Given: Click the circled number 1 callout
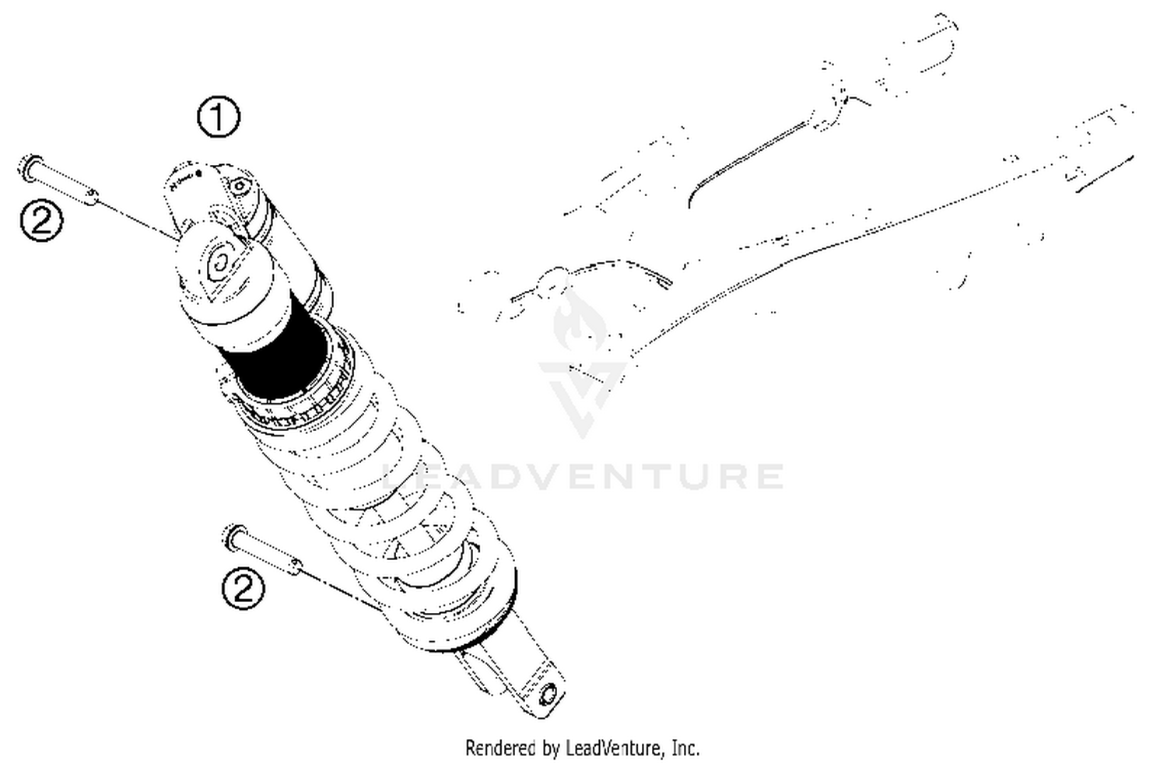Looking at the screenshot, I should (x=219, y=117).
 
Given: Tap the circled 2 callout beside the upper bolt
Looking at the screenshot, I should (x=41, y=220).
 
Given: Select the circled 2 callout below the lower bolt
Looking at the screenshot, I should (x=244, y=588).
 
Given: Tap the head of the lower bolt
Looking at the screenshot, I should (x=233, y=536).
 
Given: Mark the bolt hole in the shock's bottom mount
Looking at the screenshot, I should (x=549, y=693).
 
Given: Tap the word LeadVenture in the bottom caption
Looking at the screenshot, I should (x=615, y=748).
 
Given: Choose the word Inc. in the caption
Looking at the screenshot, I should (x=685, y=748).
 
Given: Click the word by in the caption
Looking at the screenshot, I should (x=551, y=748).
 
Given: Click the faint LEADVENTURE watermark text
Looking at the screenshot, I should (x=583, y=475).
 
